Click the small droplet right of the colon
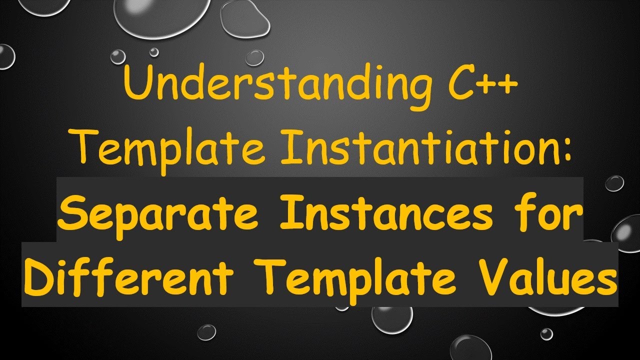pyautogui.click(x=614, y=183)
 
